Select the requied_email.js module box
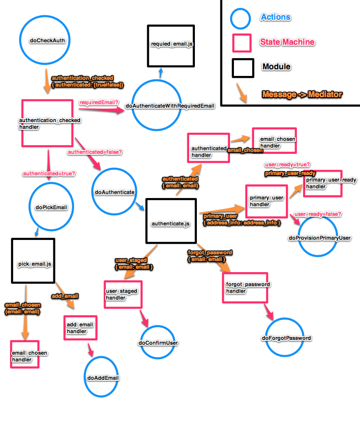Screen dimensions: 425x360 pyautogui.click(x=171, y=44)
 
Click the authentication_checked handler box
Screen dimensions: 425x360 pyautogui.click(x=49, y=124)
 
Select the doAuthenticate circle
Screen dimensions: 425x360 pyautogui.click(x=113, y=192)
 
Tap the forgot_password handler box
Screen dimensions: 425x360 pyautogui.click(x=245, y=287)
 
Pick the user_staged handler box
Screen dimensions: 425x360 pyautogui.click(x=124, y=294)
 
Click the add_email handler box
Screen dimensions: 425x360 pyautogui.click(x=80, y=328)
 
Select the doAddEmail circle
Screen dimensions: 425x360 pyautogui.click(x=102, y=378)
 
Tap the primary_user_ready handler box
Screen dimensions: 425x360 pyautogui.click(x=322, y=183)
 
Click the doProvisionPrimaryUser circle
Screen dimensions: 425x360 pyautogui.click(x=320, y=237)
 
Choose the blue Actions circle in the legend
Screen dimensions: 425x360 pyautogui.click(x=241, y=18)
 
